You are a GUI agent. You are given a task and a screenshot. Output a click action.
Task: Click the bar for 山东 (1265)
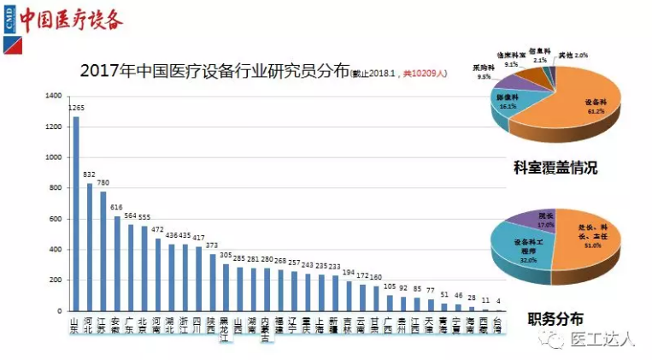[x=75, y=213]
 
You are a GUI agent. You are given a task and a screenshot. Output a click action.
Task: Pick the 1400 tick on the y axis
[x=55, y=96]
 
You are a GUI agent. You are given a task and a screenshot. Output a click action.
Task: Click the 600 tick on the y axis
[x=56, y=219]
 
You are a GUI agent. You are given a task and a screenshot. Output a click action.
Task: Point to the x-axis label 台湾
[x=498, y=324]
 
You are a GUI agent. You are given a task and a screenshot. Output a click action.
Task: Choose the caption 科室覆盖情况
[x=555, y=168]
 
